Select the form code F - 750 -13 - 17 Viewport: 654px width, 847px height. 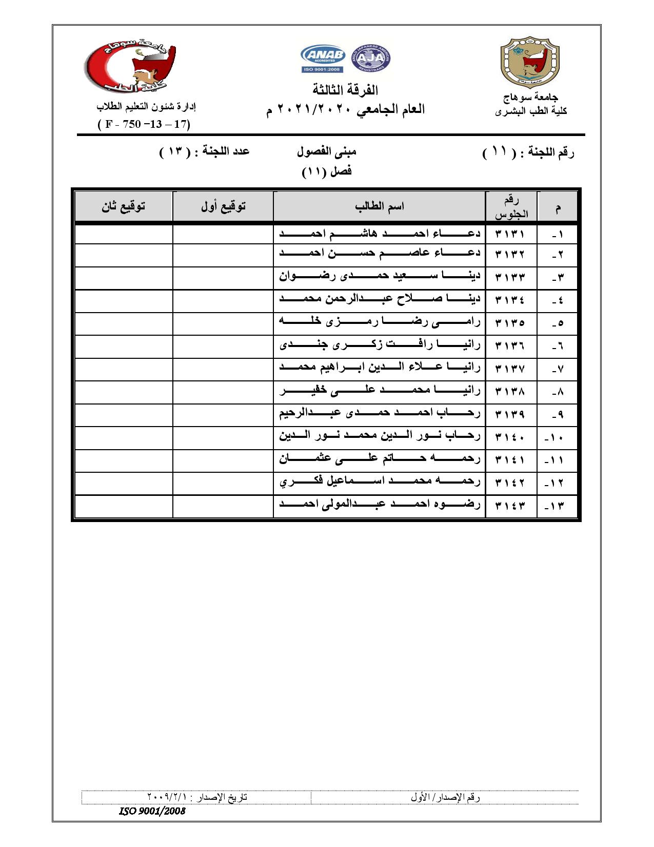click(144, 125)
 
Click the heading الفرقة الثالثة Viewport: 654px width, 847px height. click(345, 90)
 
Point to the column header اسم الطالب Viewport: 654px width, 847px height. click(379, 206)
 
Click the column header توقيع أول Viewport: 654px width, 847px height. click(223, 206)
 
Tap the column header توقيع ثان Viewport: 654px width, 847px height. click(123, 206)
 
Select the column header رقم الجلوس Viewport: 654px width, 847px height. click(511, 207)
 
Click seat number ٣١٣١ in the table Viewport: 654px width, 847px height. click(510, 234)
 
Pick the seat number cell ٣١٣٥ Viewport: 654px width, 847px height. click(510, 323)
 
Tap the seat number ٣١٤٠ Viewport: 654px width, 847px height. click(510, 437)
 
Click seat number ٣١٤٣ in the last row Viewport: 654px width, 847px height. click(510, 506)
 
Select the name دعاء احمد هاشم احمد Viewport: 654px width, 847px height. click(380, 234)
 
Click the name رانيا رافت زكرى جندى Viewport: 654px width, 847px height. click(380, 345)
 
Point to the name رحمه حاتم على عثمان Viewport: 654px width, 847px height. click(380, 459)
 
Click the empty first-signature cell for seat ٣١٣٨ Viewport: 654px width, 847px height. click(223, 392)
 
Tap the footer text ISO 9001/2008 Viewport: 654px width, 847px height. click(152, 812)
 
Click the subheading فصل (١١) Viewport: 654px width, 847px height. click(327, 171)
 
